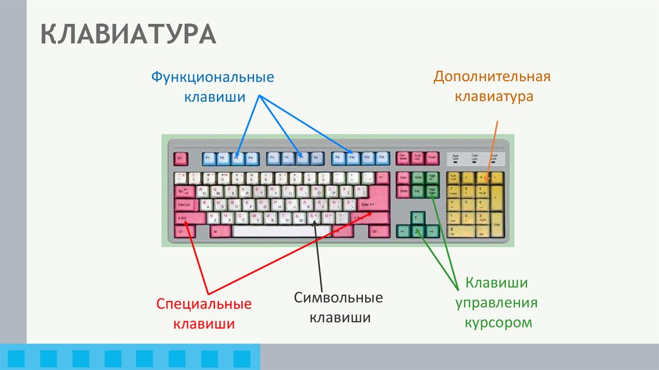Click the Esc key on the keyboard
(181, 157)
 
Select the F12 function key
(382, 157)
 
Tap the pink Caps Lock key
(184, 204)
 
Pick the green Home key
(418, 178)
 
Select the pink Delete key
(404, 191)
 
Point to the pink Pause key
(432, 157)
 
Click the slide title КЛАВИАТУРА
(128, 34)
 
